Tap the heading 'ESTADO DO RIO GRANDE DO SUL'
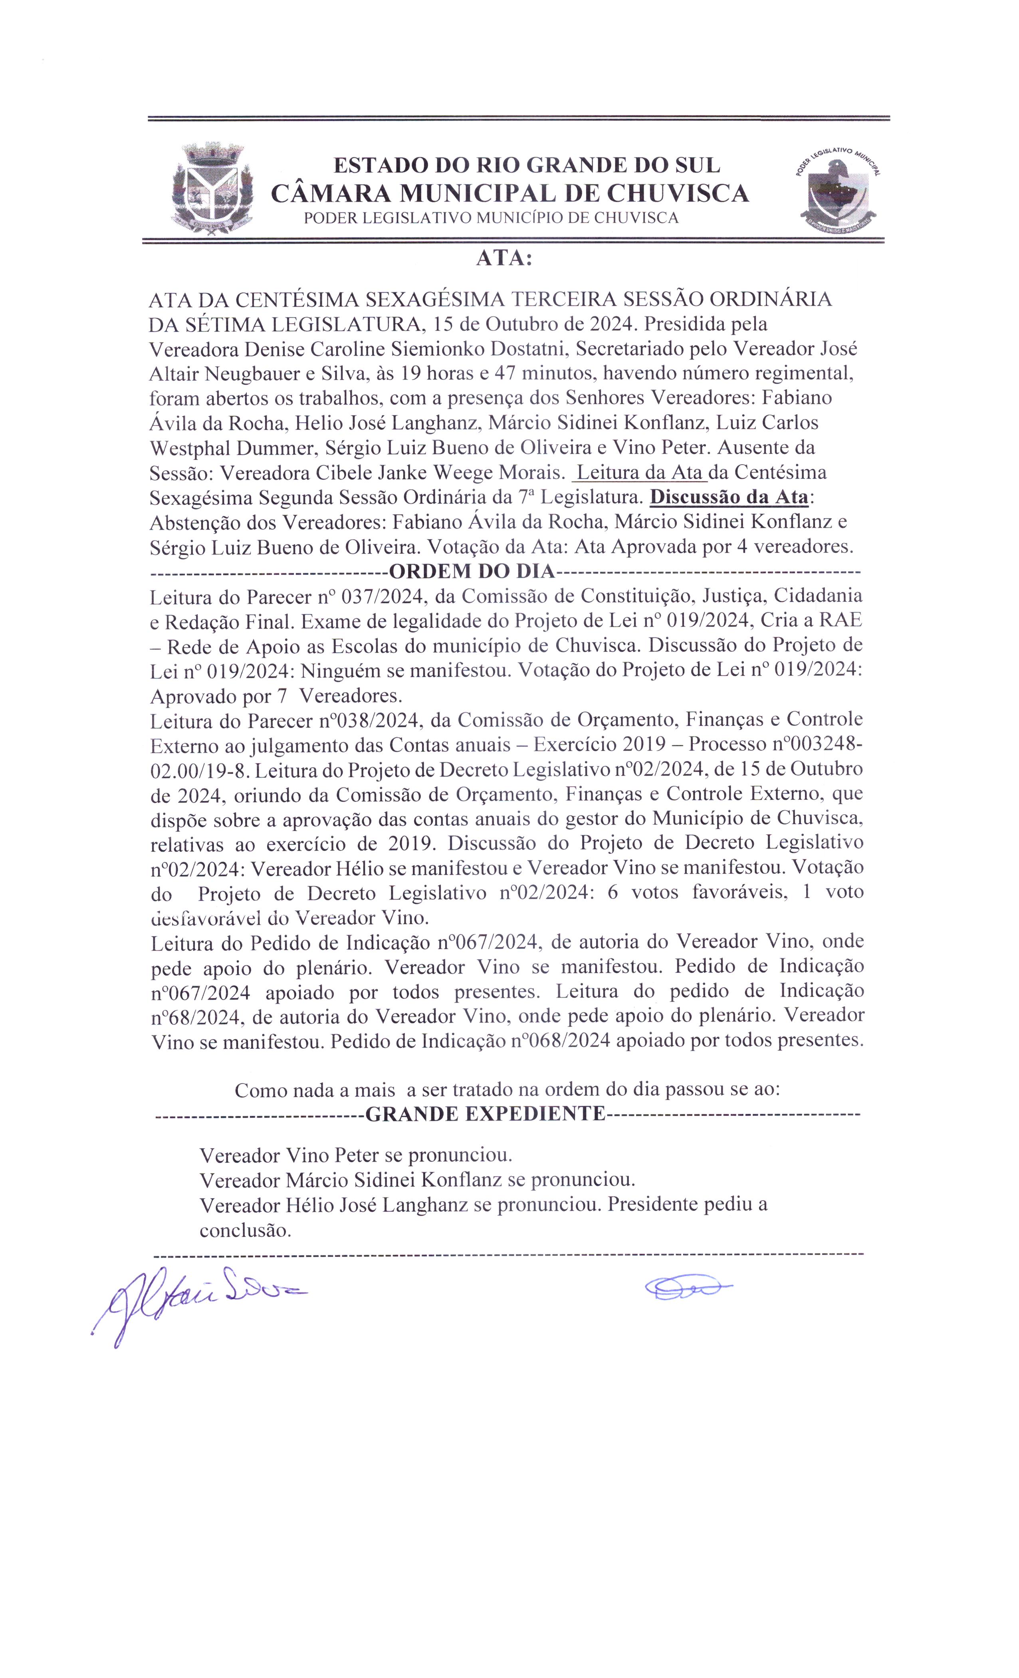526,165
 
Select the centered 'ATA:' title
504,259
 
